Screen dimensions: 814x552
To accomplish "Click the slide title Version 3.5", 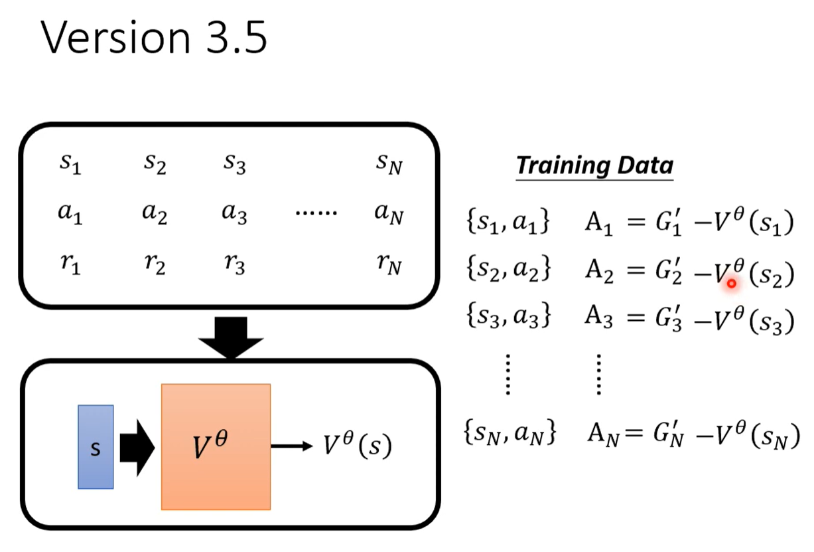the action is click(154, 38).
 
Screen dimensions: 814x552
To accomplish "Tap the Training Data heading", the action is click(594, 166).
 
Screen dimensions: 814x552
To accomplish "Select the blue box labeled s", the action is click(96, 447).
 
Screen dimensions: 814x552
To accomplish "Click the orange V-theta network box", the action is click(216, 447).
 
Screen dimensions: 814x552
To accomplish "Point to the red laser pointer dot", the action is click(732, 284).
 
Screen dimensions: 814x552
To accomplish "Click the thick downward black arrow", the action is click(231, 337).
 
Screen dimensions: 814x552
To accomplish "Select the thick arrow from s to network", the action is click(137, 448).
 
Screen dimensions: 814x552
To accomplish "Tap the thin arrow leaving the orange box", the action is click(292, 446).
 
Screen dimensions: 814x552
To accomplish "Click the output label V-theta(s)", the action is click(358, 444).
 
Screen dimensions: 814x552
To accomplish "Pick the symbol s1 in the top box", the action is click(70, 163).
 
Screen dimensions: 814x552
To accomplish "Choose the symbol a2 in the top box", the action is click(155, 213).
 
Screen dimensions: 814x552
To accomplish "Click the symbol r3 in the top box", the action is click(234, 264).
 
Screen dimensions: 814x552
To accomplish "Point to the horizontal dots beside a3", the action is click(316, 213).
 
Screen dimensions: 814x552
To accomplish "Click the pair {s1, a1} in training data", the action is click(508, 221).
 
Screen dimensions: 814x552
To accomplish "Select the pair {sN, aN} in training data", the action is click(510, 432).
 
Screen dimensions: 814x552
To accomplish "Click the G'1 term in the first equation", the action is click(669, 222).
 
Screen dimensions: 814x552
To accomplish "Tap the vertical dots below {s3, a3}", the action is click(508, 375).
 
